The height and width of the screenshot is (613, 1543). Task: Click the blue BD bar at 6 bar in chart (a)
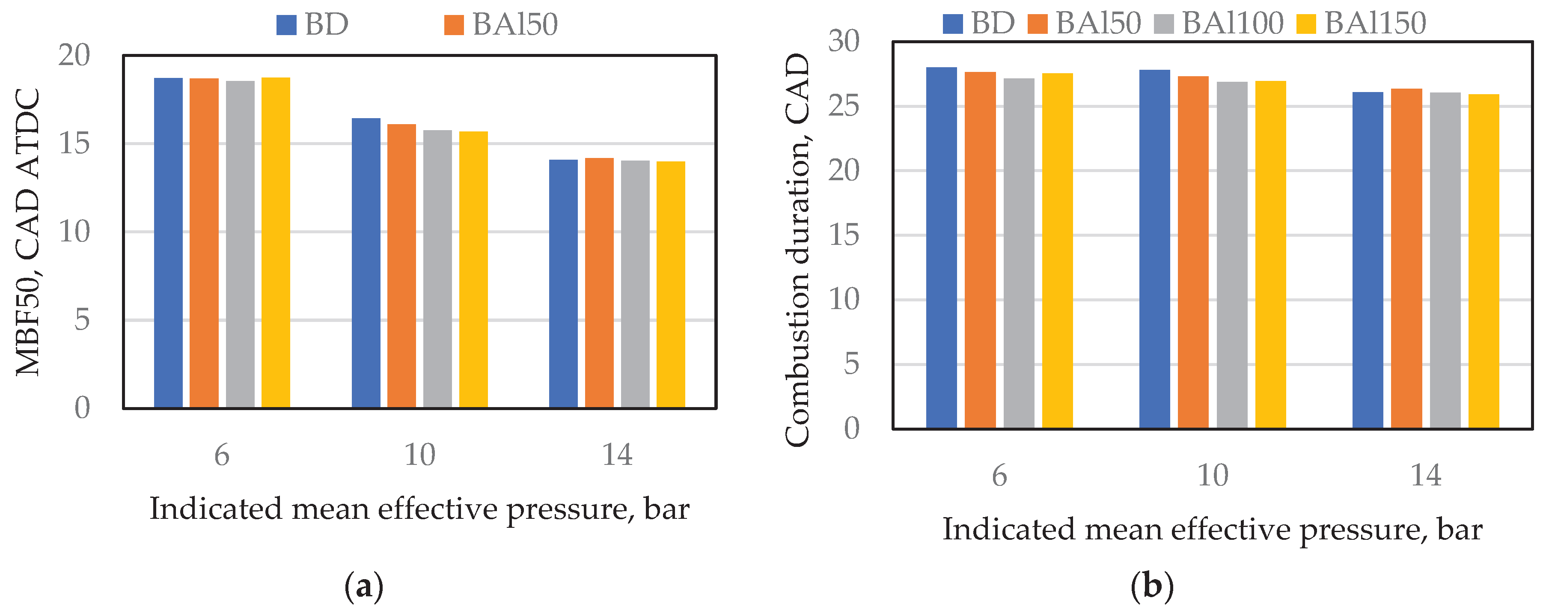pyautogui.click(x=168, y=243)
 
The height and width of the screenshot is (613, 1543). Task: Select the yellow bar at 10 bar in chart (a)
pyautogui.click(x=473, y=270)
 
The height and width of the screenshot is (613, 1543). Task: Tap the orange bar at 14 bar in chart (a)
pyautogui.click(x=599, y=283)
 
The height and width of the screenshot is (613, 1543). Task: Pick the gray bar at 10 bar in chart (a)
pyautogui.click(x=437, y=268)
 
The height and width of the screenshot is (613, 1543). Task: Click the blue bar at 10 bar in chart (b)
pyautogui.click(x=1154, y=249)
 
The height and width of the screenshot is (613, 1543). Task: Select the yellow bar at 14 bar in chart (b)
pyautogui.click(x=1484, y=261)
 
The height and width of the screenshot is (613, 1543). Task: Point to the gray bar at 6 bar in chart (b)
pyautogui.click(x=1019, y=253)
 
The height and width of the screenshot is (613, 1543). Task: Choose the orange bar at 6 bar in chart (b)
pyautogui.click(x=981, y=250)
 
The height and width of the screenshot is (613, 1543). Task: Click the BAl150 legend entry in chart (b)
pyautogui.click(x=1363, y=24)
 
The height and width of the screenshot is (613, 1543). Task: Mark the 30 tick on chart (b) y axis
pyautogui.click(x=843, y=42)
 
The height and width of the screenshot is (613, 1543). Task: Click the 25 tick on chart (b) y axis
pyautogui.click(x=843, y=106)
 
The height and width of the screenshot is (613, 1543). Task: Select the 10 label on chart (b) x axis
pyautogui.click(x=1212, y=476)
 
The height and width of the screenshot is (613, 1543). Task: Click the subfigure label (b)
pyautogui.click(x=1152, y=586)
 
